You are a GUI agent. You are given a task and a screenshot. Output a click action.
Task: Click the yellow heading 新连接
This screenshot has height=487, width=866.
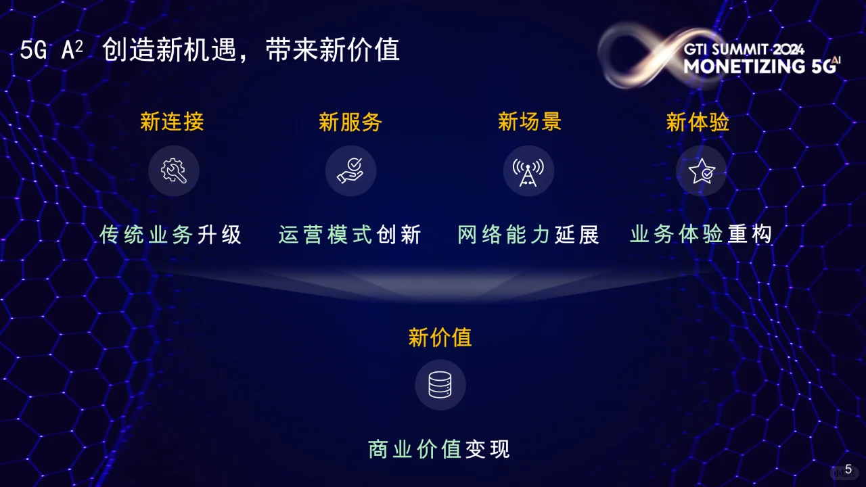[172, 122]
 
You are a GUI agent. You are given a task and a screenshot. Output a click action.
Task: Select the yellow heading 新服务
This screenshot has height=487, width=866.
[350, 122]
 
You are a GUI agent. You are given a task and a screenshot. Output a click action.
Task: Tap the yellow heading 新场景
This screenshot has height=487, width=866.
[530, 122]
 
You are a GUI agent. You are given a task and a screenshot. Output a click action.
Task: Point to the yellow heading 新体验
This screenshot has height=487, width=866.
[698, 122]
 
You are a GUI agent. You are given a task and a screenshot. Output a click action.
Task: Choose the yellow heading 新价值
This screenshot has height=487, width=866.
[440, 337]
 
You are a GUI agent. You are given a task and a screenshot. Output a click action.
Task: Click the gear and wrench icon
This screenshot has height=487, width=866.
[174, 171]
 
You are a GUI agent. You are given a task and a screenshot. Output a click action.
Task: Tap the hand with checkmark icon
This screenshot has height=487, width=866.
[350, 171]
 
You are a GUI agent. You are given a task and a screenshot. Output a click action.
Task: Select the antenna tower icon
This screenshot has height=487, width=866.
[528, 171]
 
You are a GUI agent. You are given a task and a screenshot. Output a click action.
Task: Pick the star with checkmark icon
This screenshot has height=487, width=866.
[702, 171]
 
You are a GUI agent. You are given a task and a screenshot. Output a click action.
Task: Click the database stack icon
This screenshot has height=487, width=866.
[440, 385]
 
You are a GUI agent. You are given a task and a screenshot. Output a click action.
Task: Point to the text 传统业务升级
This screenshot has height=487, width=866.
[170, 235]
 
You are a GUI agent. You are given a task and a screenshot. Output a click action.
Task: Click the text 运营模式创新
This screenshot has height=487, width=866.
[350, 235]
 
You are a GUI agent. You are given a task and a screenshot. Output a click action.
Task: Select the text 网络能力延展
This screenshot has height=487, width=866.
[528, 235]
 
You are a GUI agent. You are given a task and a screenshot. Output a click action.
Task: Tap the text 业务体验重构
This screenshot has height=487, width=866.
[701, 235]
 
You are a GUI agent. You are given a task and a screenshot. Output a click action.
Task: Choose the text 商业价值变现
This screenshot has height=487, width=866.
[439, 449]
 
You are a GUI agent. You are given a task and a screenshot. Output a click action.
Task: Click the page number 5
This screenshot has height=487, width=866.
[848, 469]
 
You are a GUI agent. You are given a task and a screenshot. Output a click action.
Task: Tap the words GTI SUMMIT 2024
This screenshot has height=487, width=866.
[744, 49]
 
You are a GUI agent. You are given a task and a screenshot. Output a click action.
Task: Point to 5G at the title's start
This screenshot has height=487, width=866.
[32, 51]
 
